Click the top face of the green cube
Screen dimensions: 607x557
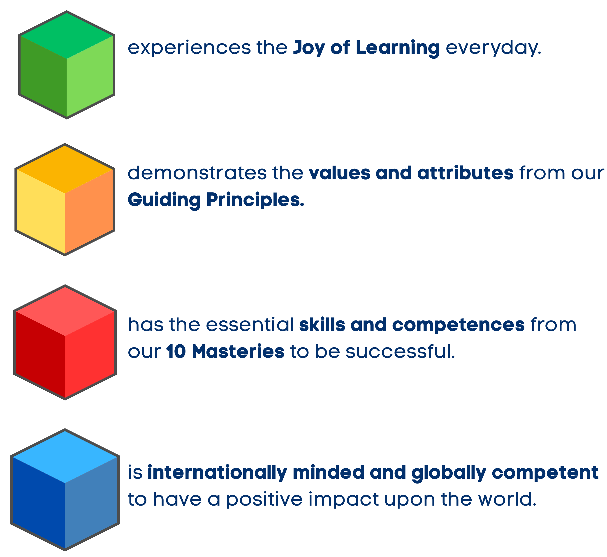click(67, 36)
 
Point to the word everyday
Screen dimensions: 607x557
click(493, 48)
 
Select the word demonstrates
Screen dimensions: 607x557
click(197, 173)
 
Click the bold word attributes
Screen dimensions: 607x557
click(465, 173)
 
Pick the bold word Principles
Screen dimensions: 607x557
click(255, 200)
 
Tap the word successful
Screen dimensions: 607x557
click(400, 351)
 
